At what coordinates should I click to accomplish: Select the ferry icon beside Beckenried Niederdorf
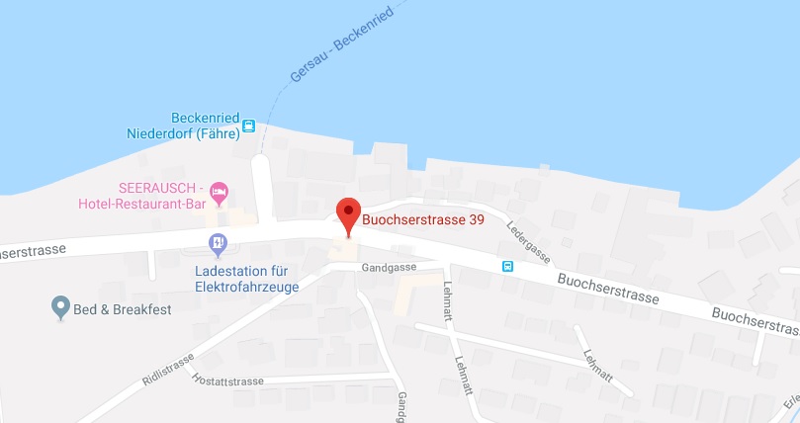(249, 126)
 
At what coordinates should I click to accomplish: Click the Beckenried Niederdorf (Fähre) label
(184, 125)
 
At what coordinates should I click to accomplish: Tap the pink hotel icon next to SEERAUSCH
(220, 189)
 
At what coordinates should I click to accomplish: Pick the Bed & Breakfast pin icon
(60, 307)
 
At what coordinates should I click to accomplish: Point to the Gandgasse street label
(389, 267)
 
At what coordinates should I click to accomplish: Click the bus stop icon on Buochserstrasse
(507, 265)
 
